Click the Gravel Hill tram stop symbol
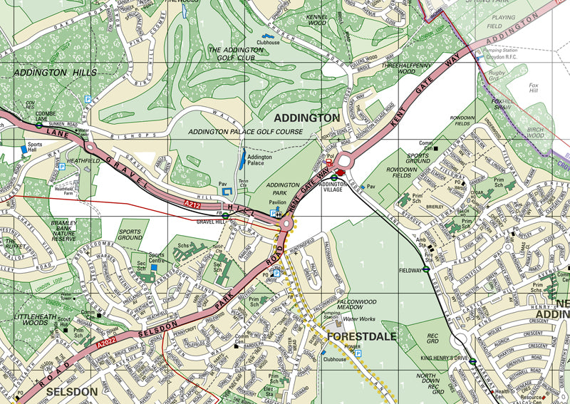(x=225, y=214)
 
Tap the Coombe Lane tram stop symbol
(x=38, y=125)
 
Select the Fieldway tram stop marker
(x=426, y=269)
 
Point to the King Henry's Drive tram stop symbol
(x=472, y=361)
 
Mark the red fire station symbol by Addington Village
(x=341, y=172)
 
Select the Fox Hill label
(x=533, y=90)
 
